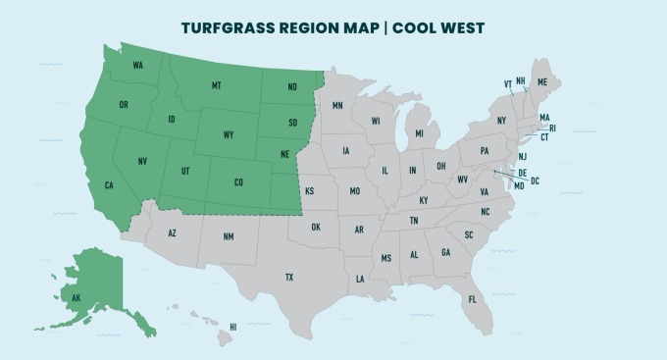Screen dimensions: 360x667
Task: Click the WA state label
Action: tap(138, 66)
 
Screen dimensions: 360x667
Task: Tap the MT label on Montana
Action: tap(216, 86)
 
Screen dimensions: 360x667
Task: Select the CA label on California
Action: tap(110, 184)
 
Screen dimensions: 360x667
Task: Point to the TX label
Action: tap(289, 278)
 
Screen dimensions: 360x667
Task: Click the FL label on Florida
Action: tap(472, 299)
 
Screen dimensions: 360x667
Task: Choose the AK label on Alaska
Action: tap(76, 296)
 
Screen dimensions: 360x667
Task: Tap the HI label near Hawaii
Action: tap(233, 327)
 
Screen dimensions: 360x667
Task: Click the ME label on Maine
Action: tap(542, 83)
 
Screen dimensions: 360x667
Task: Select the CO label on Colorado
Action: tap(238, 182)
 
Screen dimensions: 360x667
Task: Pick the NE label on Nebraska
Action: tap(284, 155)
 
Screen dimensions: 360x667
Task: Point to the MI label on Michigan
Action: tap(419, 133)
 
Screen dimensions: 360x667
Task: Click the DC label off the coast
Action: tap(536, 181)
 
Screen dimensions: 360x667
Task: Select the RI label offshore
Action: tap(552, 128)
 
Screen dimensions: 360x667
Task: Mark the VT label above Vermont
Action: tap(508, 84)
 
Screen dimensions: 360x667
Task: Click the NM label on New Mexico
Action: tap(229, 236)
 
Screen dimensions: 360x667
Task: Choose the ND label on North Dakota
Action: tap(292, 86)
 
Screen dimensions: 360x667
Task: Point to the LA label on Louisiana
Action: tap(360, 280)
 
